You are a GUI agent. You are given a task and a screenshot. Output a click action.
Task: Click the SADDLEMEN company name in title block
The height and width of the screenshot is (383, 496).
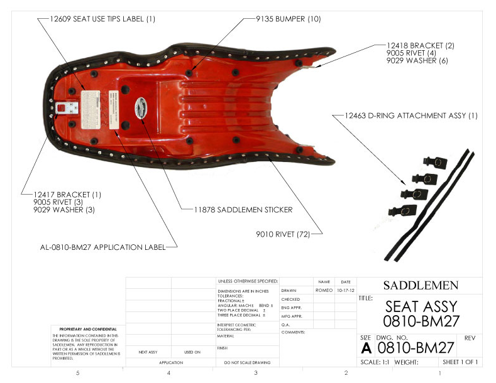click(419, 285)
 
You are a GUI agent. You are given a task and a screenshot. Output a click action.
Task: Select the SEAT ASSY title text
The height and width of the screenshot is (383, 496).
click(420, 307)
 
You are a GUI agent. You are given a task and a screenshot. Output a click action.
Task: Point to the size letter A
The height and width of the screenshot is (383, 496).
click(366, 347)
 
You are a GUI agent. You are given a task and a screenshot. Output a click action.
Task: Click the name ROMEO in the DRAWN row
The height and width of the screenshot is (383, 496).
click(324, 291)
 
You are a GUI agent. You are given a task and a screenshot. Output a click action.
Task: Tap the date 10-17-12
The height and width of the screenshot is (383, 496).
click(346, 291)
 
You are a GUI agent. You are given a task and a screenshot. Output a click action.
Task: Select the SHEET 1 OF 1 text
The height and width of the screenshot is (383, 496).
click(460, 362)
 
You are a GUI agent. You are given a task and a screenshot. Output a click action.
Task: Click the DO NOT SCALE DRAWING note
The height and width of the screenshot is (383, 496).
click(247, 363)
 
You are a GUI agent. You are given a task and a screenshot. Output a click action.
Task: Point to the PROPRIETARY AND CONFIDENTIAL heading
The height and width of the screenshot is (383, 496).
click(88, 329)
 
